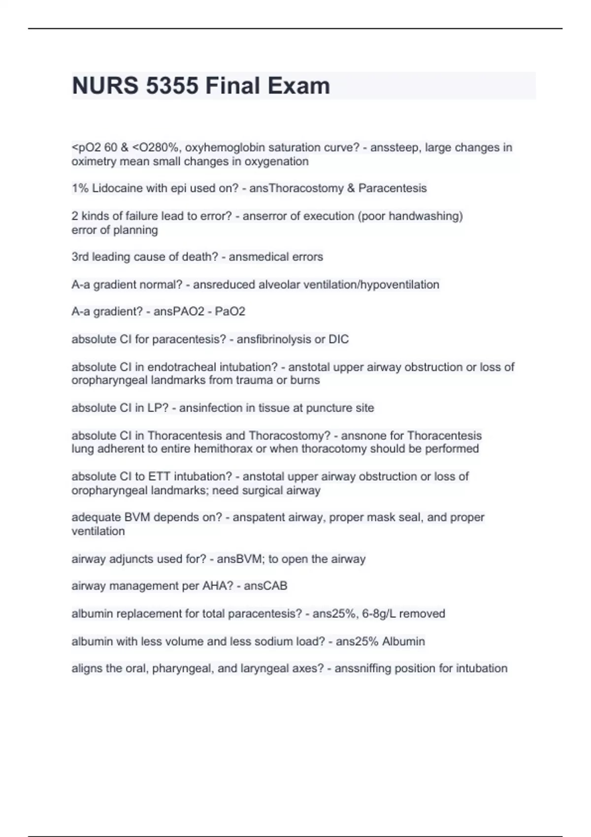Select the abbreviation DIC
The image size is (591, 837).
[338, 339]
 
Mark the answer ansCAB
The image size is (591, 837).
[265, 586]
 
